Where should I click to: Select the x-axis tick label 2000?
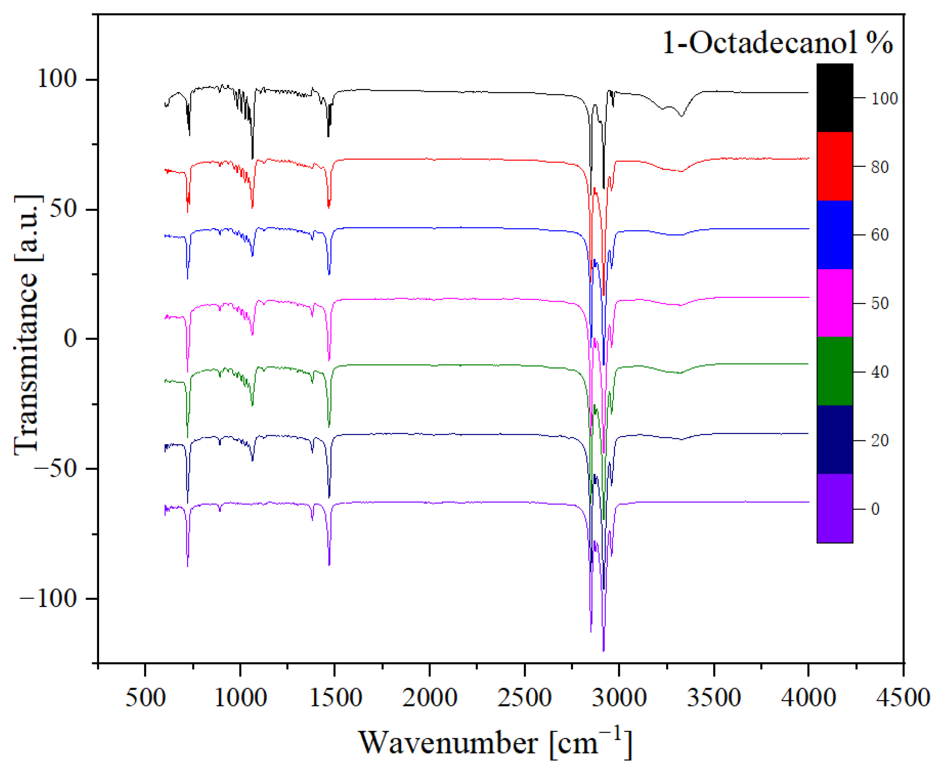[429, 697]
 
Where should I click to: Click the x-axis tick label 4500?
[903, 697]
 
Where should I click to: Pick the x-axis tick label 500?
[145, 697]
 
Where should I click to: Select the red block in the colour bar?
[834, 166]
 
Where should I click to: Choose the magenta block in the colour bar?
[834, 303]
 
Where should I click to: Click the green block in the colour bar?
[834, 371]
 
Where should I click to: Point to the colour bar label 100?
[884, 98]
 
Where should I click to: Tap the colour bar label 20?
[879, 440]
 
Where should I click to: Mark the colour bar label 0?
[875, 509]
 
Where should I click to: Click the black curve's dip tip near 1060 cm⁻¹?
[253, 158]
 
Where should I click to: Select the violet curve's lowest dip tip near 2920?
[603, 650]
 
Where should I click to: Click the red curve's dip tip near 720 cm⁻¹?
[187, 212]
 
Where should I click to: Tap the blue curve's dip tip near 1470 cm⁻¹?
[329, 274]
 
